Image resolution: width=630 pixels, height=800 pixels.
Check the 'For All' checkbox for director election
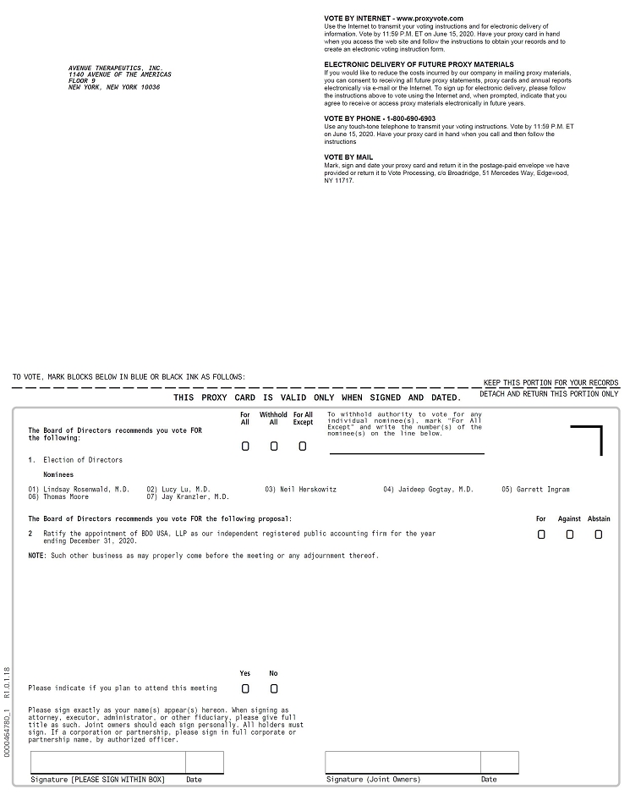(x=245, y=447)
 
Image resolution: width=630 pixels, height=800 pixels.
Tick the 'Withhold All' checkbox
(x=274, y=447)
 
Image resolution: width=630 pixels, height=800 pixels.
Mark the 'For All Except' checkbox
(x=303, y=447)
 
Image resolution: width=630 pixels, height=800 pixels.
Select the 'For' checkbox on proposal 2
(x=541, y=534)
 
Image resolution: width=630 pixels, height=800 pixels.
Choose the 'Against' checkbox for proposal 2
(x=570, y=534)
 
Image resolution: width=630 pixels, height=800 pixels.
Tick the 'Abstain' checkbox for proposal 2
(x=599, y=534)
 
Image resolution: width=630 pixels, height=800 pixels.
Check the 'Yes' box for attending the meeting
(x=245, y=688)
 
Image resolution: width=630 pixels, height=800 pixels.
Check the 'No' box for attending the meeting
(x=274, y=688)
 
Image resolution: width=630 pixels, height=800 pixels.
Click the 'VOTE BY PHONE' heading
(x=380, y=118)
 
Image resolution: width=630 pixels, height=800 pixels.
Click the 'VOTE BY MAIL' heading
(x=348, y=157)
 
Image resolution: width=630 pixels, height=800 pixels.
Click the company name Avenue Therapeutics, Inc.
(x=116, y=68)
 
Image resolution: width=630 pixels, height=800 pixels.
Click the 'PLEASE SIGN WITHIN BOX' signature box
(x=107, y=762)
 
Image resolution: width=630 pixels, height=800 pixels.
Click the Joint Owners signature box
(x=403, y=762)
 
